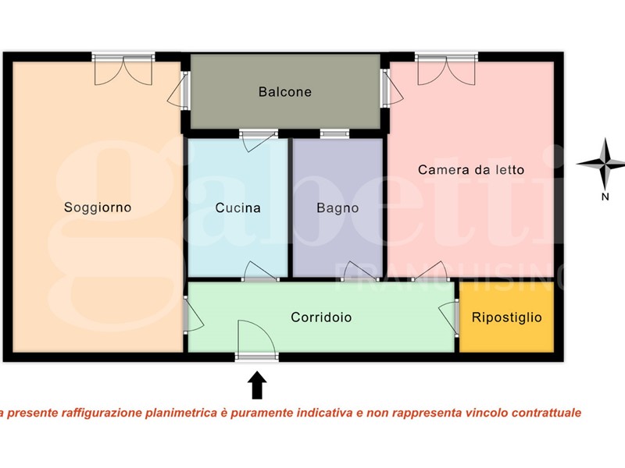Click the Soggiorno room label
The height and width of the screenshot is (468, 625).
98,207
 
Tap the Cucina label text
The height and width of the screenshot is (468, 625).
238,207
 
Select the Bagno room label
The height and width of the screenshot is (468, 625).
337,208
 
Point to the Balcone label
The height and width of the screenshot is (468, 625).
285,92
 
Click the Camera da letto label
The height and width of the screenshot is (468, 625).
471,170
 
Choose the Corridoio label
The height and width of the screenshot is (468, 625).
321,317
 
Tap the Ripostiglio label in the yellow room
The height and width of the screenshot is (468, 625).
506,317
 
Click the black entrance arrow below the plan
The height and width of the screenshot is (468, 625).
257,385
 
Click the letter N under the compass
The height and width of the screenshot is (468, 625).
605,197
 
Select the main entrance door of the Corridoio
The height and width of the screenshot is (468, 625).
256,340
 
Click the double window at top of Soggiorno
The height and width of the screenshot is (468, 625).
123,69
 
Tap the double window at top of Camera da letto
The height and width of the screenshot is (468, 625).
446,69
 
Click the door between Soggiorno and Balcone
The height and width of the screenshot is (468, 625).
179,90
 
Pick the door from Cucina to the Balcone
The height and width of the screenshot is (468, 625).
259,140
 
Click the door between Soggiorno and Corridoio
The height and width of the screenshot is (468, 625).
193,314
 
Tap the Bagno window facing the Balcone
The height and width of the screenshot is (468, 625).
335,133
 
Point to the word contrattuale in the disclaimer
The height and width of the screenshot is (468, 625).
546,413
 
